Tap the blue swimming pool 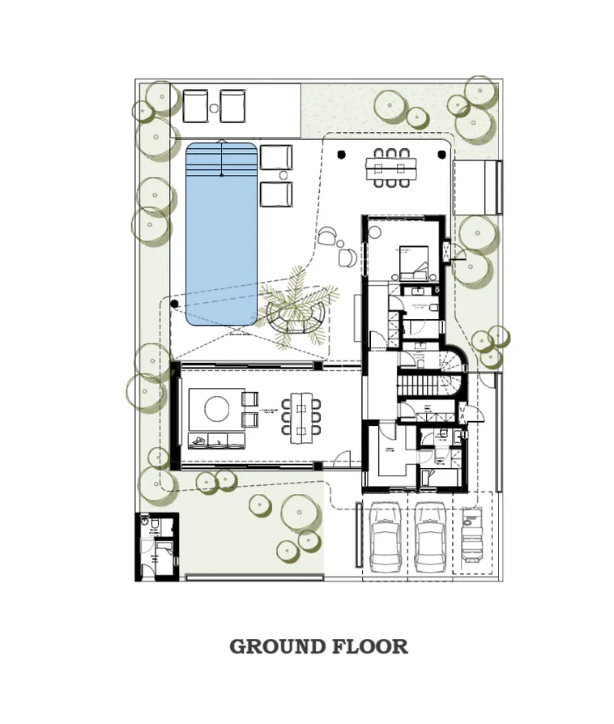[x=221, y=235]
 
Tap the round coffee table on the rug [x=217, y=408]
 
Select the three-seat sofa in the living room [x=216, y=440]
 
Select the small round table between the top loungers [x=214, y=107]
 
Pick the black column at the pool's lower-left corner [x=174, y=304]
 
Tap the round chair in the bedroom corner [x=375, y=232]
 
